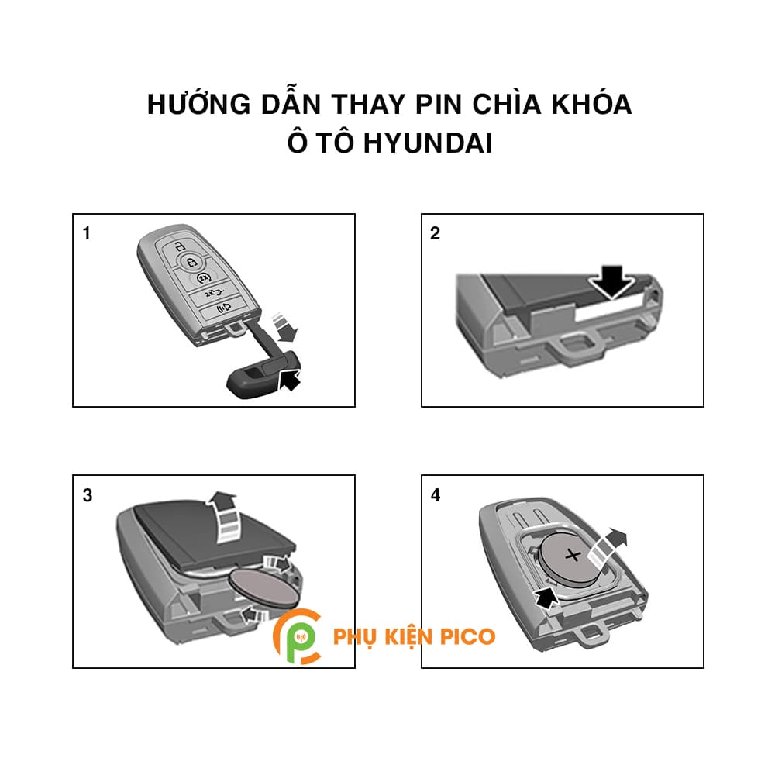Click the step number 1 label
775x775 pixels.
(87, 233)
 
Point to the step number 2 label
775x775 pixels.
(435, 233)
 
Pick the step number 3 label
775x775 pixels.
(87, 495)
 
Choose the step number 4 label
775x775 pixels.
(435, 495)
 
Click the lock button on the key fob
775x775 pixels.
(180, 246)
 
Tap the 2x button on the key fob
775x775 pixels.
(204, 277)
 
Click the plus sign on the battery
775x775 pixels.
(573, 555)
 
